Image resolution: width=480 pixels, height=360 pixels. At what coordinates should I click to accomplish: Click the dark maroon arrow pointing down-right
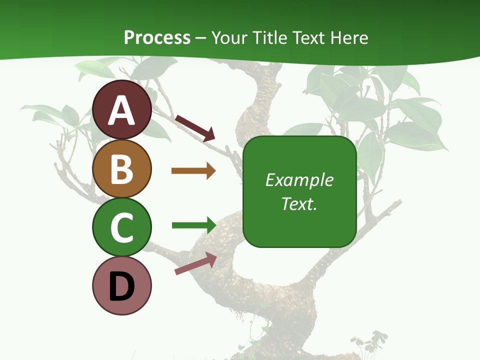point(195,128)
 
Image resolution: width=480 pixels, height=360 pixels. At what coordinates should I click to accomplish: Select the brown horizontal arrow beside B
point(193,171)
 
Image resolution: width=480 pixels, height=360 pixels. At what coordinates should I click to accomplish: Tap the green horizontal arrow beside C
point(194,225)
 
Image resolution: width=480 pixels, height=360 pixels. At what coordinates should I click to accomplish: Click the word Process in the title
point(157,37)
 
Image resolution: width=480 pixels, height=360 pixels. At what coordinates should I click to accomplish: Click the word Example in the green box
point(299,180)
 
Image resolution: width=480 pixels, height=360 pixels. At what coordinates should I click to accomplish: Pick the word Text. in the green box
point(299,203)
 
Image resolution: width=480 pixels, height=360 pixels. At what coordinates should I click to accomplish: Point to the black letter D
point(122,286)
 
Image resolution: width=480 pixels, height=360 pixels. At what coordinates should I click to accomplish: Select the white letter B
point(122,169)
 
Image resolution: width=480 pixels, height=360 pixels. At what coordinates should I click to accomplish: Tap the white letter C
point(122,227)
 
